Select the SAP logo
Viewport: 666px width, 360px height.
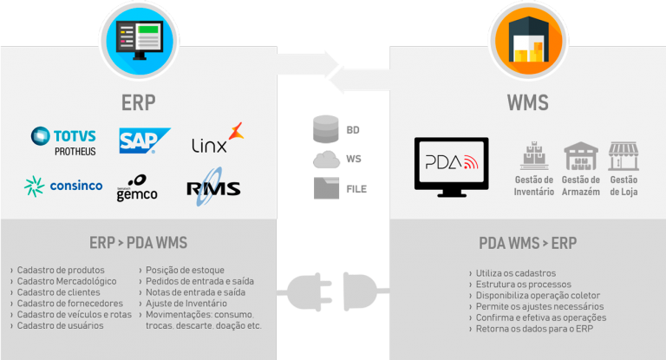pos(144,141)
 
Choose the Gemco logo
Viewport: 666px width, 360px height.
pos(138,189)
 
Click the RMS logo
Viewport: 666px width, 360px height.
pos(213,188)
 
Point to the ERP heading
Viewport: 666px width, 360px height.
pos(139,103)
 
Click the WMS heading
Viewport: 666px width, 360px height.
pos(527,104)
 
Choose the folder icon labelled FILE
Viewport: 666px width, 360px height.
pos(325,186)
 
